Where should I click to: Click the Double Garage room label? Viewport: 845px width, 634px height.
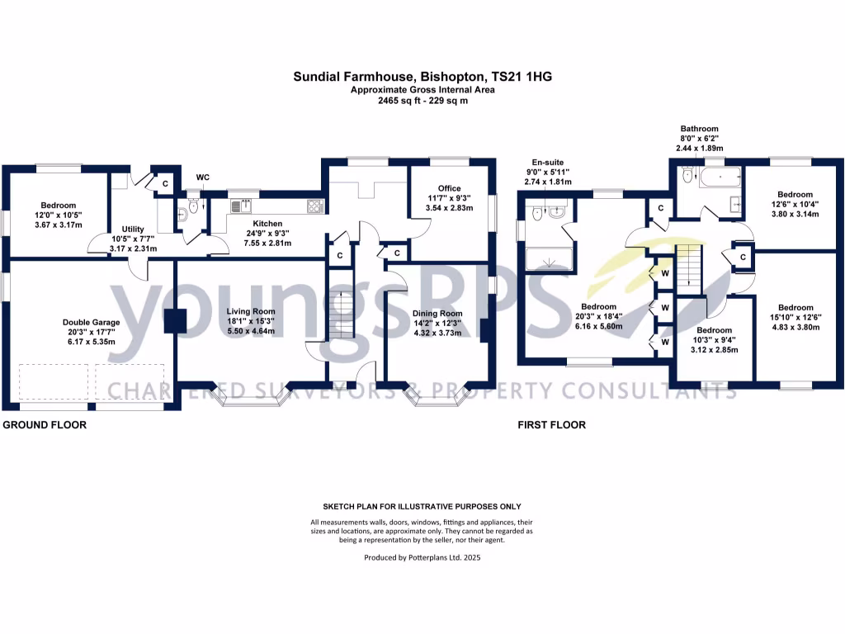click(91, 322)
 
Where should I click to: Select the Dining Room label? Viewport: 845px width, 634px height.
click(437, 314)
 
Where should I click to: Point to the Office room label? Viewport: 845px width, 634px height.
click(450, 189)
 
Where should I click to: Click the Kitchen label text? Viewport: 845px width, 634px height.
click(267, 224)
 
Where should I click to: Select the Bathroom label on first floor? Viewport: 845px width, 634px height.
click(699, 129)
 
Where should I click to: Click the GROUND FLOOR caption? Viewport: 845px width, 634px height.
click(45, 425)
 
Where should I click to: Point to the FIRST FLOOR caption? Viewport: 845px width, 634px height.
click(551, 425)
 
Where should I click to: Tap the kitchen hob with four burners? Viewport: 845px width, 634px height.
click(316, 205)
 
